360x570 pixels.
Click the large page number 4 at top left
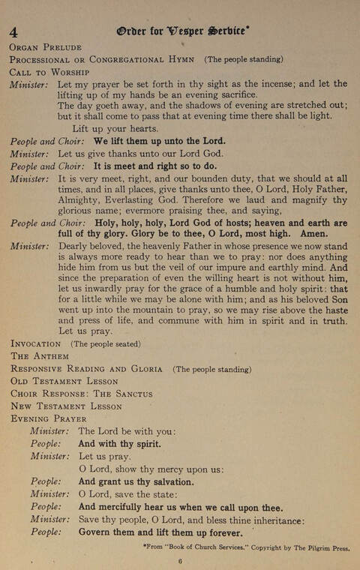(x=14, y=31)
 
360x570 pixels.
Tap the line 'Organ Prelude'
(x=45, y=46)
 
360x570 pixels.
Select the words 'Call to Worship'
(x=49, y=72)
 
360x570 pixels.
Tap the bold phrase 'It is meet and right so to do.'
(x=155, y=166)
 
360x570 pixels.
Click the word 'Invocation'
(x=37, y=343)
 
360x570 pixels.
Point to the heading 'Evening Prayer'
(x=48, y=418)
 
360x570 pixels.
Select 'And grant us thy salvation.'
(x=136, y=482)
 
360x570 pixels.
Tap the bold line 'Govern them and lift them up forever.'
(x=160, y=533)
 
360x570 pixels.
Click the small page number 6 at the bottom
(x=181, y=561)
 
